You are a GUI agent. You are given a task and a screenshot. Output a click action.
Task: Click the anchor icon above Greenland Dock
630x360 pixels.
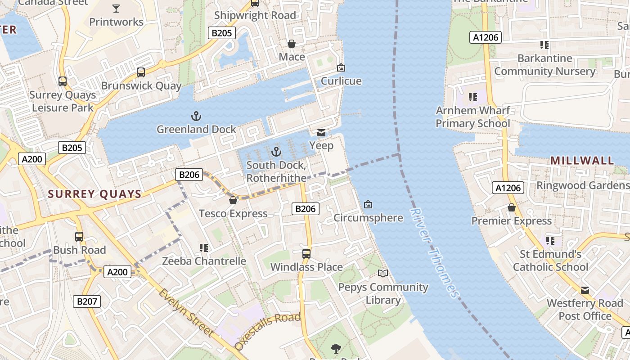(x=196, y=117)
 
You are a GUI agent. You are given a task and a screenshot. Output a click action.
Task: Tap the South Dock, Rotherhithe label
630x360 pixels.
(x=276, y=171)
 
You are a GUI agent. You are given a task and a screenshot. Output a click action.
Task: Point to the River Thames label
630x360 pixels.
(x=435, y=253)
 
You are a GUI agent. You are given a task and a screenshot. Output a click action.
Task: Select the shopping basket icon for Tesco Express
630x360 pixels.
(x=233, y=200)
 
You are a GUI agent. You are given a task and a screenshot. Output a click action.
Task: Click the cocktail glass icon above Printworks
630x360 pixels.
(x=116, y=8)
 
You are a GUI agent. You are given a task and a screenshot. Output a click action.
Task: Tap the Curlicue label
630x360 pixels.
(x=341, y=81)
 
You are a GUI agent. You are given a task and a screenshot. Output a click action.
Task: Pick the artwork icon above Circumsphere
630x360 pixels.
(x=368, y=204)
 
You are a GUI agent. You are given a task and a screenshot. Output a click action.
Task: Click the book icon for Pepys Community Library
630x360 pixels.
(x=383, y=273)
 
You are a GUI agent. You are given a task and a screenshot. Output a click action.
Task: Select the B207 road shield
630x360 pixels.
(x=87, y=301)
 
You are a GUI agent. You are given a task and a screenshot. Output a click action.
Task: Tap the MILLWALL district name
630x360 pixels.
(x=582, y=161)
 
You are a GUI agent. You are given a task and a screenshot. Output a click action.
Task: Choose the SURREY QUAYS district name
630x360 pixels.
(x=94, y=194)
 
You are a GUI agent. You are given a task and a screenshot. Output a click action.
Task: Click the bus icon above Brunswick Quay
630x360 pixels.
(x=141, y=72)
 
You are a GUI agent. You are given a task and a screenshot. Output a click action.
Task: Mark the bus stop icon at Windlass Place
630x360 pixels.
(x=306, y=253)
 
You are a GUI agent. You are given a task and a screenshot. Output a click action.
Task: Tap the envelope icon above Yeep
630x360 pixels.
(x=321, y=132)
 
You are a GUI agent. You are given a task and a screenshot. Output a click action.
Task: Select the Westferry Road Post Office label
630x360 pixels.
(x=585, y=310)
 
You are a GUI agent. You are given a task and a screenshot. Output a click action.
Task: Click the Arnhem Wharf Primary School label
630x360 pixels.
(x=473, y=117)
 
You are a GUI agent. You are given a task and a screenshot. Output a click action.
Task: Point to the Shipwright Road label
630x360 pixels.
(x=255, y=15)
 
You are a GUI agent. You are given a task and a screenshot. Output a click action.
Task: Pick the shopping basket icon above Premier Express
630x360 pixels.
(x=512, y=207)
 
